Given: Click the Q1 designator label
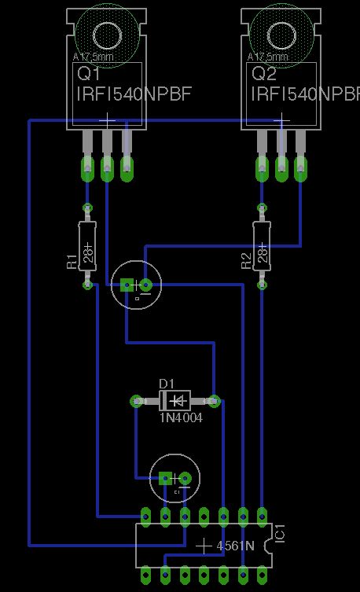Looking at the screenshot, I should tap(87, 74).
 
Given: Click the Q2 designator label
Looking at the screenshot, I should tap(263, 74).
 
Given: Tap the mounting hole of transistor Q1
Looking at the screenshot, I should tap(106, 35).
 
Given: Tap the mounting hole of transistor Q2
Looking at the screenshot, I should tap(281, 35).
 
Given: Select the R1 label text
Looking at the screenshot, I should tap(71, 261).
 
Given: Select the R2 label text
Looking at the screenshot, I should tap(246, 261).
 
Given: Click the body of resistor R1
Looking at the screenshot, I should tap(87, 245).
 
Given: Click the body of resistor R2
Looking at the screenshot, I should tap(263, 245).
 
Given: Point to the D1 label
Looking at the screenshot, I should tap(166, 383).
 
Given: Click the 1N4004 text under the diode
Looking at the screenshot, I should tap(181, 418).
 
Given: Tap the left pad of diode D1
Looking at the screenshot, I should tap(136, 401).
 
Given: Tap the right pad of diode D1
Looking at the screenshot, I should tap(214, 401).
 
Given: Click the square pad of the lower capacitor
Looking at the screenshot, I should tap(165, 478).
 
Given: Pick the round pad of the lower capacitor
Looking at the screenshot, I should tap(185, 478).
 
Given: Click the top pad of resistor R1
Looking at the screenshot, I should tap(87, 208).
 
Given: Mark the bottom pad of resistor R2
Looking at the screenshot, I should tap(263, 284).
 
